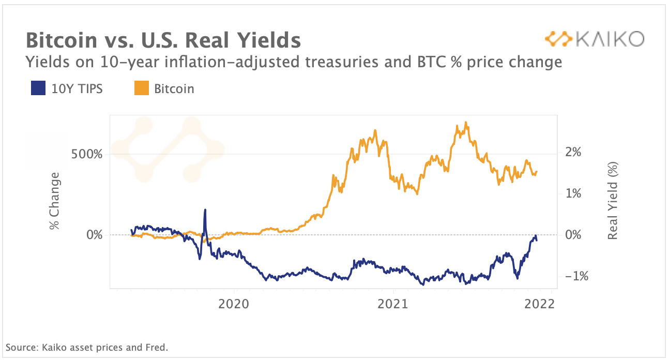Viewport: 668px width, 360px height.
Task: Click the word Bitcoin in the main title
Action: (62, 40)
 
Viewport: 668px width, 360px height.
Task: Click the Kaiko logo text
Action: (610, 39)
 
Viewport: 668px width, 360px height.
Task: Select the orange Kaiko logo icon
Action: (558, 39)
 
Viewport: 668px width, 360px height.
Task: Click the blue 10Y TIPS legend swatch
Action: (38, 88)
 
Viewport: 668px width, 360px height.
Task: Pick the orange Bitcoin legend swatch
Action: (142, 88)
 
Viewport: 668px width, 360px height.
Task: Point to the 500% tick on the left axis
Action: (87, 154)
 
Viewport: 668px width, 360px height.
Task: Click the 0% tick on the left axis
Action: (95, 235)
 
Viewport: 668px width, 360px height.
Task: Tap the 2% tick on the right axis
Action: (573, 152)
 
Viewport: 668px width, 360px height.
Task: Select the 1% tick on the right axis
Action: (573, 193)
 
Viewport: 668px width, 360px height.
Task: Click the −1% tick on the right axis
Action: (577, 276)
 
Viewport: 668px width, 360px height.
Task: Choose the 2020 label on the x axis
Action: (234, 304)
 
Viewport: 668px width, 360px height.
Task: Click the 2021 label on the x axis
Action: (393, 304)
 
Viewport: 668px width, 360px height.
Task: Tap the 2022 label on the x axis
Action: (539, 304)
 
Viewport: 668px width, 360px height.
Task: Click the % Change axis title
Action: (55, 201)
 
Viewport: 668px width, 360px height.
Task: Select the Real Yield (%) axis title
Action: (613, 201)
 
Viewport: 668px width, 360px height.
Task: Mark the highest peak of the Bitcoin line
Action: (466, 122)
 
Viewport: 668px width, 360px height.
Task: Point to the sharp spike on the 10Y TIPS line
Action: (205, 209)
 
